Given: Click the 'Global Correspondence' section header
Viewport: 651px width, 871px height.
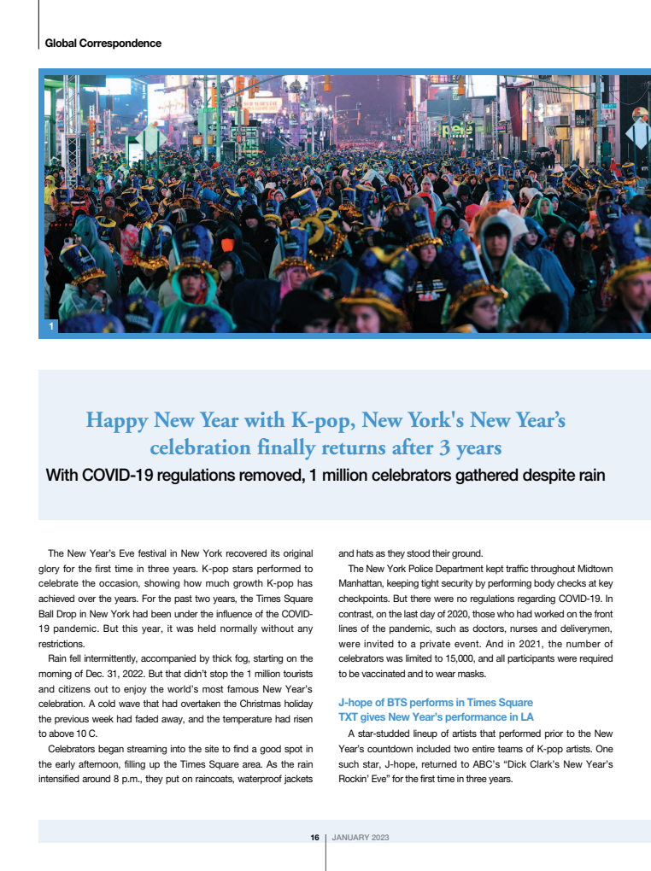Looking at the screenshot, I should pyautogui.click(x=103, y=43).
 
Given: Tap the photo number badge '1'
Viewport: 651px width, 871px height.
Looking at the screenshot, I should pyautogui.click(x=52, y=326).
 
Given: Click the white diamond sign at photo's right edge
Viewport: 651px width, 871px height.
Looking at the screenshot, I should pyautogui.click(x=638, y=133).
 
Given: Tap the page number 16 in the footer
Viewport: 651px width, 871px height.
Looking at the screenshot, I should pyautogui.click(x=314, y=837).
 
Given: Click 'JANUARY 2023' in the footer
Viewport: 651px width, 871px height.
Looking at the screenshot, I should pyautogui.click(x=360, y=837).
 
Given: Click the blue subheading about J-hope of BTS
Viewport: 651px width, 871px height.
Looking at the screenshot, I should pyautogui.click(x=436, y=702).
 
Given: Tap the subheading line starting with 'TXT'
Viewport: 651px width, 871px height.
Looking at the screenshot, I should pyautogui.click(x=436, y=716).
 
